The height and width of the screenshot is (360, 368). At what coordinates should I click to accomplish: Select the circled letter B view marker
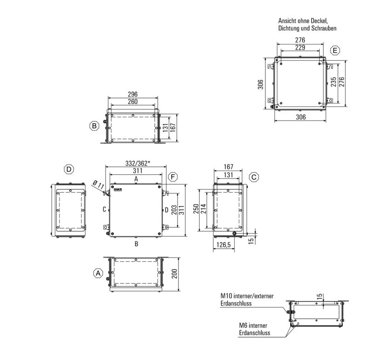(x=94, y=125)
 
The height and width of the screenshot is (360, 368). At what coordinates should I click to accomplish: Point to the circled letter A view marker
(x=97, y=273)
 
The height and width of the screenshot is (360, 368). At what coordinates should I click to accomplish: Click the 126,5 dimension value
(x=224, y=246)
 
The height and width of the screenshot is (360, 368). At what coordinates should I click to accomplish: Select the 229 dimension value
(x=301, y=48)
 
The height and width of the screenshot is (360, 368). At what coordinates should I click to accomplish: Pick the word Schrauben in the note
(x=325, y=29)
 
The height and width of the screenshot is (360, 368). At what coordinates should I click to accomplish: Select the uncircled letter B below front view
(x=136, y=244)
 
